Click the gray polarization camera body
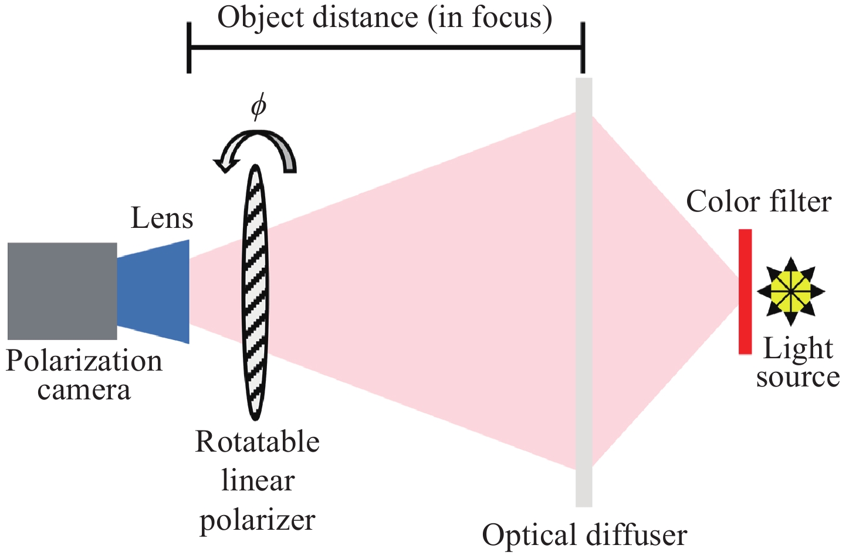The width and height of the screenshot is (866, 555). click(62, 291)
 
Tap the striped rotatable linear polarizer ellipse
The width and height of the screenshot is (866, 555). click(255, 292)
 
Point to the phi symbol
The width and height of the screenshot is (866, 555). click(258, 107)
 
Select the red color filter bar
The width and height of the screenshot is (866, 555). click(745, 292)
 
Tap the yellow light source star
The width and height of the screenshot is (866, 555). click(791, 291)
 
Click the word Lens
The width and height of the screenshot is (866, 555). click(162, 218)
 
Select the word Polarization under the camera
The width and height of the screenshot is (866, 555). click(84, 361)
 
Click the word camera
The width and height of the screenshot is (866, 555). click(84, 390)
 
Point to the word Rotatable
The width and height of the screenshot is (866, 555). click(257, 442)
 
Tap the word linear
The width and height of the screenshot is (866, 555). click(258, 481)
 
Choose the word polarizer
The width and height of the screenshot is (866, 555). click(258, 520)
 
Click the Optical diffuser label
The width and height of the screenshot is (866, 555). click(584, 536)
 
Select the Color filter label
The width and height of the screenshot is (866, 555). click(759, 202)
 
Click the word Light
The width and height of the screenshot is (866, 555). click(798, 349)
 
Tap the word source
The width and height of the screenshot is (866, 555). click(798, 377)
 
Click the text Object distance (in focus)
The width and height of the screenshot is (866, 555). click(385, 18)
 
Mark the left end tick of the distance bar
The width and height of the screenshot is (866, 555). click(189, 48)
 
